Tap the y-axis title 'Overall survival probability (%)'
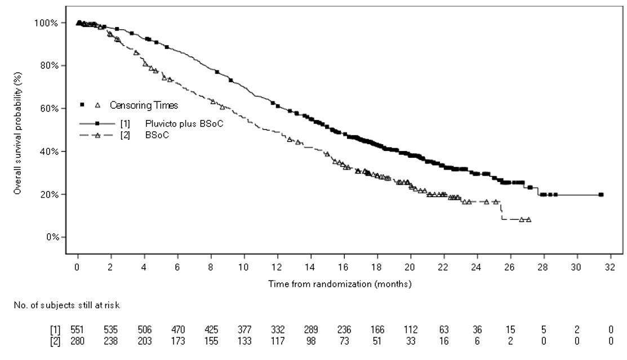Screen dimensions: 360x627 point(17,134)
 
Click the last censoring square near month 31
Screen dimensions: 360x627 point(601,195)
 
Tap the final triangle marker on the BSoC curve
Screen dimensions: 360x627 point(528,219)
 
